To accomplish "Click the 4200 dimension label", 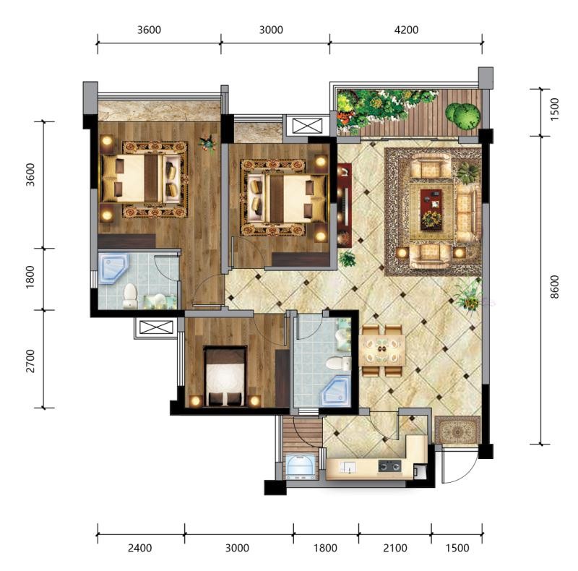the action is point(406,30).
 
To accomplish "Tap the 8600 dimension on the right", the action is point(554,287).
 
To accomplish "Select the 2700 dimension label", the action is point(30,361).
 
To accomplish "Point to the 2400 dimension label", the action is point(139,548).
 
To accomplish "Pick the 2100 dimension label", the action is point(394,548).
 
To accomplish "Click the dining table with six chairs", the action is point(382,351).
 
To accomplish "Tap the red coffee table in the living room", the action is point(431,209).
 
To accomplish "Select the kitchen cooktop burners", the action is point(389,466).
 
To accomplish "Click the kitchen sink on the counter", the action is point(348,467).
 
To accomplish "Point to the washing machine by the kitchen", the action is point(301,467).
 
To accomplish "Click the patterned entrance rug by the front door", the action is point(457,430).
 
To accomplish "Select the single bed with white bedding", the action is point(225,376).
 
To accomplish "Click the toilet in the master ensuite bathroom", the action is point(130,296).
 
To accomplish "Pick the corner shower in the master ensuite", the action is point(113,269).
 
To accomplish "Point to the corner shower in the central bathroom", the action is point(336,391).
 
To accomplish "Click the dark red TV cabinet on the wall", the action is point(345,205).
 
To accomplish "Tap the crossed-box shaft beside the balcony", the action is point(307,126).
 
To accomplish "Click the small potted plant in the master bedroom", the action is point(207,143).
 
